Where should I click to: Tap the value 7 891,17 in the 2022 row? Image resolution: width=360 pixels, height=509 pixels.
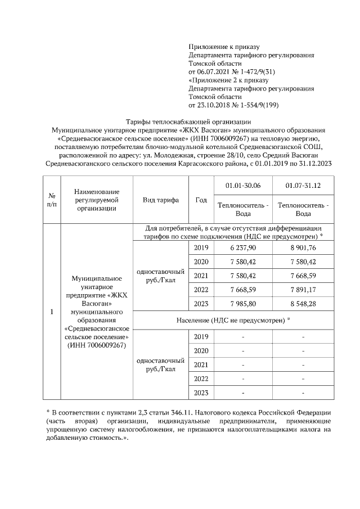[303, 290]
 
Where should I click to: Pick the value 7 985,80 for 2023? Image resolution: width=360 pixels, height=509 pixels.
[243, 304]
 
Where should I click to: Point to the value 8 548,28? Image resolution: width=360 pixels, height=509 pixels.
[303, 304]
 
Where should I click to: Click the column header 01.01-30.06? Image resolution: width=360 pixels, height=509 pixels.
[243, 185]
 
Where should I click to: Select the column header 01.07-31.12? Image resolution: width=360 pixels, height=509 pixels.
[303, 185]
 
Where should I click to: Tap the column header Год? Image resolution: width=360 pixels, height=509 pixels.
[201, 200]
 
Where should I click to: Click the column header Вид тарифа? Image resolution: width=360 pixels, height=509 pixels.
[161, 200]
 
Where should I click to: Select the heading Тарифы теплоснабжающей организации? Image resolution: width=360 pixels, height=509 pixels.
[188, 121]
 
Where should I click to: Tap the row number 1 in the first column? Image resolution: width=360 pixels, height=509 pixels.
[51, 312]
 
